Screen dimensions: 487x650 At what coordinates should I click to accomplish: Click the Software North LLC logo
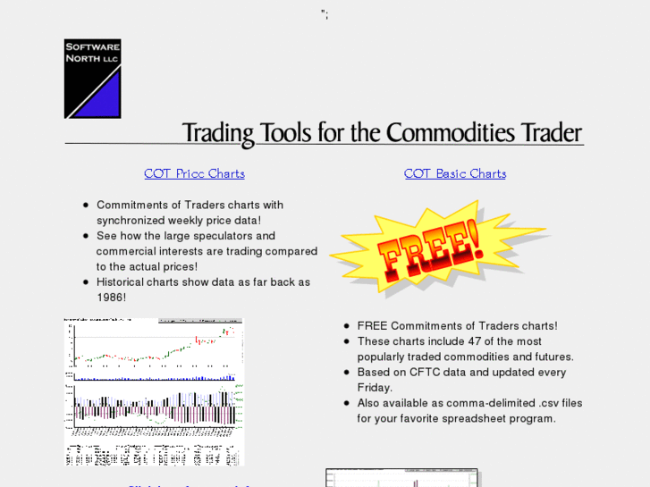(x=92, y=79)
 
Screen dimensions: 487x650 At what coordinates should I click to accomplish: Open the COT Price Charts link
(x=194, y=173)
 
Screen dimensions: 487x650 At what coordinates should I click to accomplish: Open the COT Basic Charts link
(x=454, y=173)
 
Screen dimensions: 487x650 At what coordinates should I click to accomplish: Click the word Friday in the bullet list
(x=375, y=388)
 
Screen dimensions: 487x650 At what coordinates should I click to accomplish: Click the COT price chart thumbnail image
(x=154, y=391)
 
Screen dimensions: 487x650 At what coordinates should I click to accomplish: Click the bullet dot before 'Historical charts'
(x=86, y=282)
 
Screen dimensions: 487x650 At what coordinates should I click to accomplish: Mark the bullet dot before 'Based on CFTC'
(x=346, y=373)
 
